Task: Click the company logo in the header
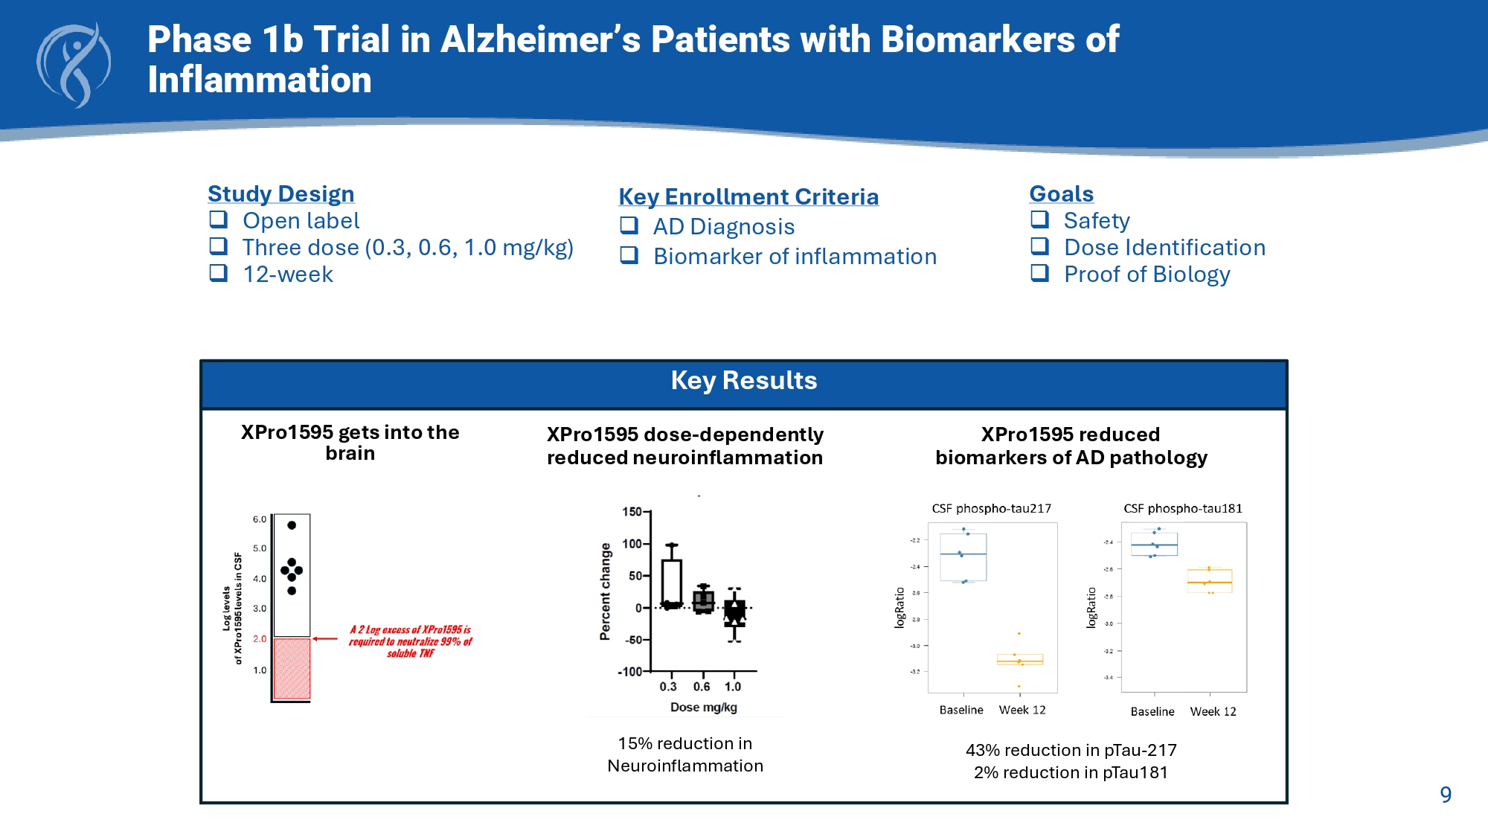[x=74, y=65]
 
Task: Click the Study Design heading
[x=280, y=193]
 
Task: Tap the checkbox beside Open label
[x=218, y=219]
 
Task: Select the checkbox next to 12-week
[x=218, y=273]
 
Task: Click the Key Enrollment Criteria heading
[x=748, y=196]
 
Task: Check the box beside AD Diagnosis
[x=629, y=225]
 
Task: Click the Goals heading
[x=1061, y=193]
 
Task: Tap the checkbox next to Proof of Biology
[x=1039, y=273]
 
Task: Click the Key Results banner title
[x=744, y=380]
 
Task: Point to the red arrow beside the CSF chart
[x=325, y=638]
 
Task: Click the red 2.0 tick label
[x=260, y=638]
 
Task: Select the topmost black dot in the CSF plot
[x=292, y=525]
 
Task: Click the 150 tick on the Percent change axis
[x=632, y=512]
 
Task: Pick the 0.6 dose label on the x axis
[x=702, y=687]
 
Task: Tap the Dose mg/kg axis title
[x=704, y=707]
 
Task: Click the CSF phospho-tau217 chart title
[x=991, y=509]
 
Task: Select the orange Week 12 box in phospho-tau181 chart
[x=1210, y=580]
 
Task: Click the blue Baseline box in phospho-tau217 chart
[x=963, y=557]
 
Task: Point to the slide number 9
[x=1446, y=795]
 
